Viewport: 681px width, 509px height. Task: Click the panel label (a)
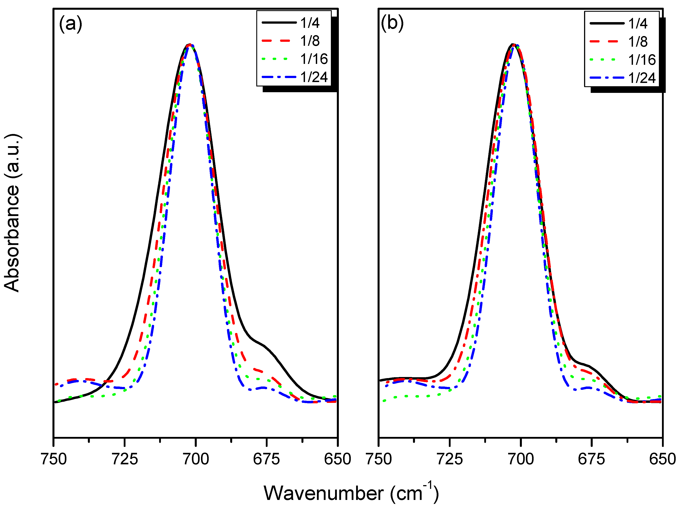tap(71, 23)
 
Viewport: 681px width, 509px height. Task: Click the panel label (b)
tap(392, 23)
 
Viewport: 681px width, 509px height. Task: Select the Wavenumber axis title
tap(351, 493)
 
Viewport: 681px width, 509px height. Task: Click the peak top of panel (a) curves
tap(190, 45)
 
